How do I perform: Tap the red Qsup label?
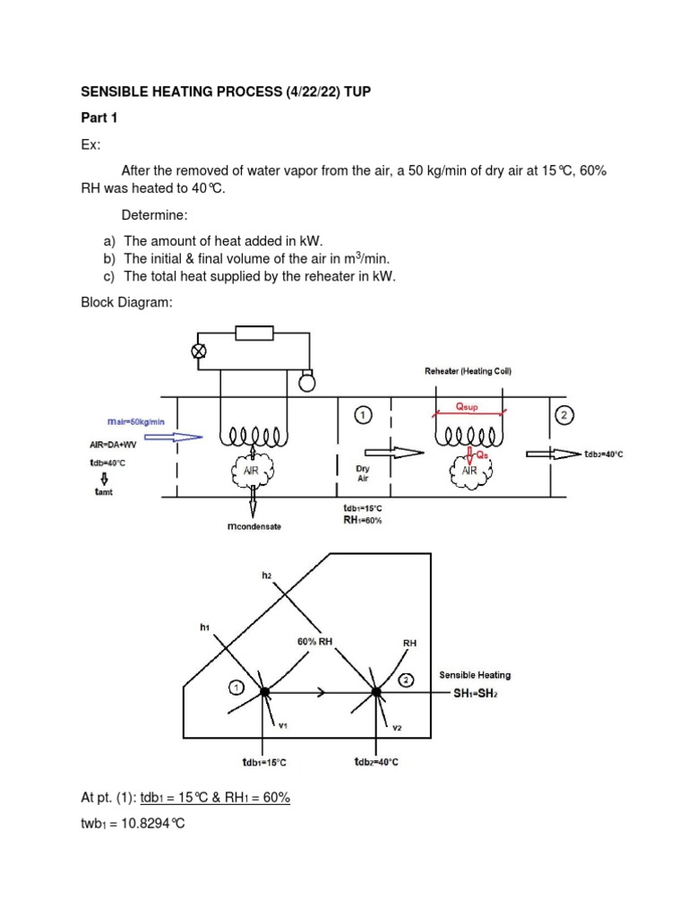tap(467, 406)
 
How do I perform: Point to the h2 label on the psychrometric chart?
tap(266, 576)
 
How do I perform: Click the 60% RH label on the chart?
tap(314, 641)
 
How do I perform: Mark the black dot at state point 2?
tap(377, 691)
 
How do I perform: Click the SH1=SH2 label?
tap(470, 694)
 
